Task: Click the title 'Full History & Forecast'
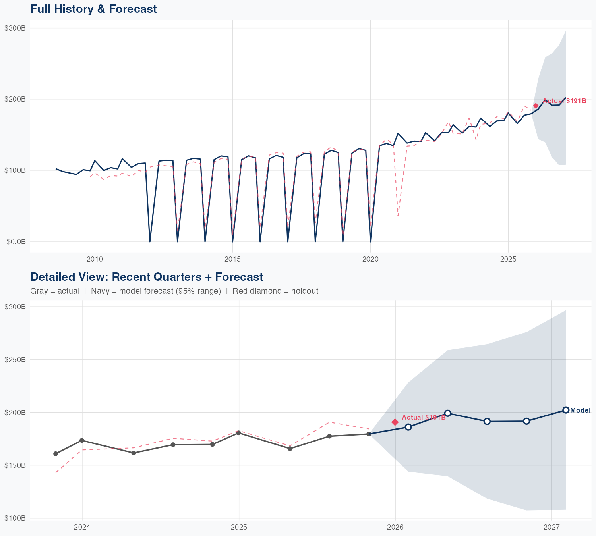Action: click(93, 9)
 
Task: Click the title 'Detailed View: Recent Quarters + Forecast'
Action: click(147, 277)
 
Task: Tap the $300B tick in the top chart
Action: click(15, 28)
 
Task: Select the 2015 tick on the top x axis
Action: click(232, 259)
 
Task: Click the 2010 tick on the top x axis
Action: click(95, 259)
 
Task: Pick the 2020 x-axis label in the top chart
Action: click(370, 259)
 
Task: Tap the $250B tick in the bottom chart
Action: click(15, 359)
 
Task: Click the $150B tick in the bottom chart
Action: click(15, 465)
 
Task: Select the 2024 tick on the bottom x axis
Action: click(82, 527)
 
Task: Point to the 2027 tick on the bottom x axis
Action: click(551, 527)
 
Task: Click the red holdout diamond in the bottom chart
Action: click(395, 422)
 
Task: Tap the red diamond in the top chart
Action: click(536, 106)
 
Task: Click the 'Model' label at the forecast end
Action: click(580, 411)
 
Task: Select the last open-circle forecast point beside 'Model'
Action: click(566, 410)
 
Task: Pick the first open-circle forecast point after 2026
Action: click(408, 427)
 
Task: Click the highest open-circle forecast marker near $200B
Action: click(447, 413)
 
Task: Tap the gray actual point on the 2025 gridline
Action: click(238, 433)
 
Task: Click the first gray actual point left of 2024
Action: click(56, 454)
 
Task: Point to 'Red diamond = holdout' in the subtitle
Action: click(275, 291)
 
